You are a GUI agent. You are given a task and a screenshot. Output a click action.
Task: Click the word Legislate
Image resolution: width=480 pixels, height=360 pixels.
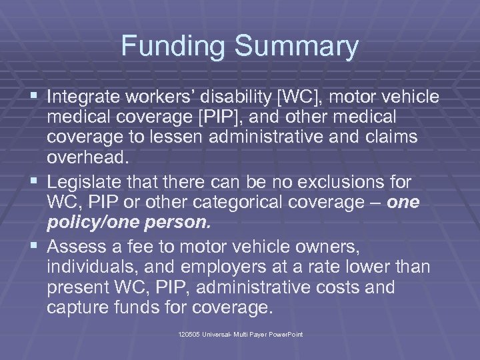point(83,181)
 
